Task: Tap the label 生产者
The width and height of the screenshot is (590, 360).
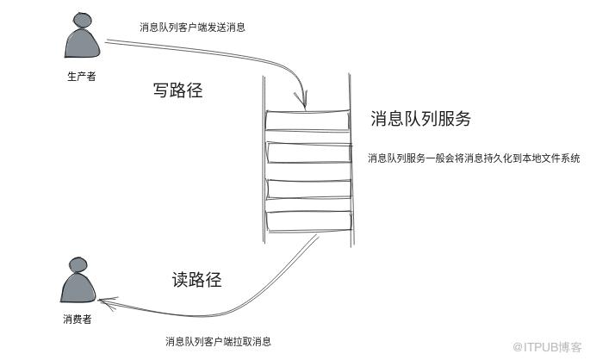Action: tap(82, 77)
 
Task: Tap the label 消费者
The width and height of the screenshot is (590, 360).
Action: tap(78, 319)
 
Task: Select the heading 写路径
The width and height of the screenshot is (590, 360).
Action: tap(178, 90)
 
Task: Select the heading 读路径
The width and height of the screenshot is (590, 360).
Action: tap(196, 280)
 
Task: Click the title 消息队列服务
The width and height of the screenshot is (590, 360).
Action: tap(420, 119)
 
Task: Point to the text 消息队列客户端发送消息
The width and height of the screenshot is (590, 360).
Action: tap(192, 27)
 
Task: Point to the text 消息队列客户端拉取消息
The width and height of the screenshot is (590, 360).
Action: tap(218, 341)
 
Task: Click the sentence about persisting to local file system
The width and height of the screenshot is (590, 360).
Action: tap(474, 158)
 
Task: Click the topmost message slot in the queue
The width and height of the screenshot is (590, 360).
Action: tap(307, 121)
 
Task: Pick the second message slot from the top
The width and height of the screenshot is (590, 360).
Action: tap(309, 152)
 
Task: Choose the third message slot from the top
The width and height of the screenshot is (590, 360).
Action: tap(309, 189)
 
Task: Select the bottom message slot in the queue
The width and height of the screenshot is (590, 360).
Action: tap(309, 221)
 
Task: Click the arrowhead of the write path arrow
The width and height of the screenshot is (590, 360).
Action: tap(301, 101)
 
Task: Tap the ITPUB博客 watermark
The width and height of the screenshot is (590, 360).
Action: tap(548, 347)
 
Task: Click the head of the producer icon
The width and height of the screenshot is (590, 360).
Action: tap(81, 20)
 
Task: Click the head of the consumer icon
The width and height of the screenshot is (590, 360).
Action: tap(78, 264)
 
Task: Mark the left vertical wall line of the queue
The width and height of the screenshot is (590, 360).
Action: tap(264, 160)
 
